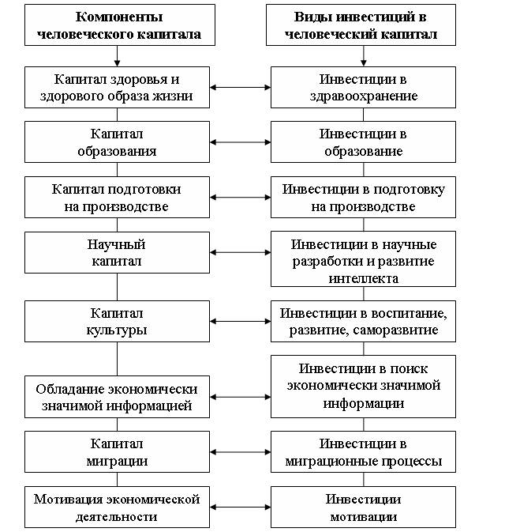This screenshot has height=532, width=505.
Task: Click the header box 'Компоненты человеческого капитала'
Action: tap(120, 25)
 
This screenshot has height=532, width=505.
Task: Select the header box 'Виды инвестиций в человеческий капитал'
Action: tap(361, 25)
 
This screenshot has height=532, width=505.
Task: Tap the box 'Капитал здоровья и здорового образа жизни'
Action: tap(118, 87)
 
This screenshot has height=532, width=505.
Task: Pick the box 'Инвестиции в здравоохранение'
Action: tap(364, 87)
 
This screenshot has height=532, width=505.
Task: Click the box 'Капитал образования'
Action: tap(118, 141)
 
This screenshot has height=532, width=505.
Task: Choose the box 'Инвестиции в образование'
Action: tap(364, 141)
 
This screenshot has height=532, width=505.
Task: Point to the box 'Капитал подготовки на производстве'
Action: tap(118, 197)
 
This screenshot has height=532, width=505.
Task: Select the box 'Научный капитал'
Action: tap(118, 252)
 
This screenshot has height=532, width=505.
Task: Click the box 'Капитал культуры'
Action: tap(118, 321)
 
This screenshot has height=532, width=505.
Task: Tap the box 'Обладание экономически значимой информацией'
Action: tap(118, 397)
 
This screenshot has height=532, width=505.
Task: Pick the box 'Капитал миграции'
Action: tap(118, 452)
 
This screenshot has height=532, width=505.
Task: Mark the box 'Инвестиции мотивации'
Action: tap(364, 507)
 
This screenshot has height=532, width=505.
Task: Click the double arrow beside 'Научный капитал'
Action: tap(240, 252)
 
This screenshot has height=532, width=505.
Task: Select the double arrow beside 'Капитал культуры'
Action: tap(240, 321)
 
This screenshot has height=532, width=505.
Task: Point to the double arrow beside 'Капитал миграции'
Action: tap(240, 452)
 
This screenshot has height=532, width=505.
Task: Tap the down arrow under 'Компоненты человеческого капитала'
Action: tap(118, 56)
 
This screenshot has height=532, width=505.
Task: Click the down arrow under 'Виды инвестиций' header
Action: tap(364, 56)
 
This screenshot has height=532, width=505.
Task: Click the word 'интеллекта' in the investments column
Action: tap(364, 278)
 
